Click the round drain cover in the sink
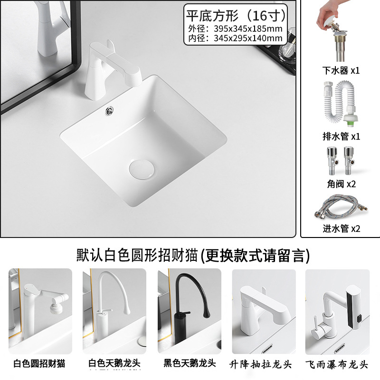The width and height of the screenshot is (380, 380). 141,169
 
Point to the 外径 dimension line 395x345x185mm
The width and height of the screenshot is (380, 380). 236,28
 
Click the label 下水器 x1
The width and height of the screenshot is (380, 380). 341,71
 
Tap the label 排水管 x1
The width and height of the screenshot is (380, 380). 341,136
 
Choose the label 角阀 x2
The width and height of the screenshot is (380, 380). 341,184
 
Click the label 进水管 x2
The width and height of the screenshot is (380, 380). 341,228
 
